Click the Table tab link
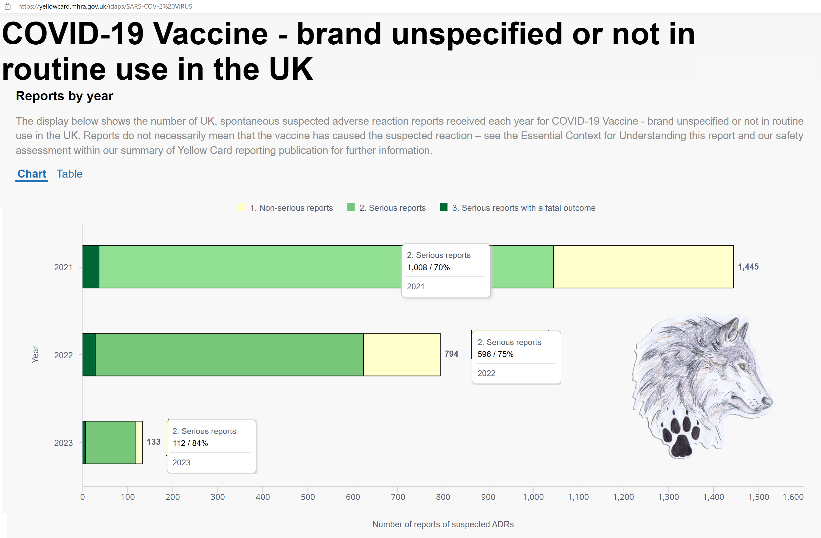click(69, 174)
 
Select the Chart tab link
click(32, 174)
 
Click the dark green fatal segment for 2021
click(91, 267)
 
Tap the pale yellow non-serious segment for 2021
click(643, 267)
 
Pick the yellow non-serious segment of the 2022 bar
click(402, 355)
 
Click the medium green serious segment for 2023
click(111, 442)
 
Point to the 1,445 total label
click(748, 267)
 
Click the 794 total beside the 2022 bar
click(451, 354)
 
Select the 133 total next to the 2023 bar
click(154, 442)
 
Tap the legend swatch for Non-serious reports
click(241, 207)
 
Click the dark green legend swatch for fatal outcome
click(444, 207)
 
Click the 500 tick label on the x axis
click(308, 497)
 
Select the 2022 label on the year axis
click(63, 355)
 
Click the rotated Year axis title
click(35, 355)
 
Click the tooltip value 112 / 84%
click(190, 444)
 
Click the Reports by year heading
click(65, 96)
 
